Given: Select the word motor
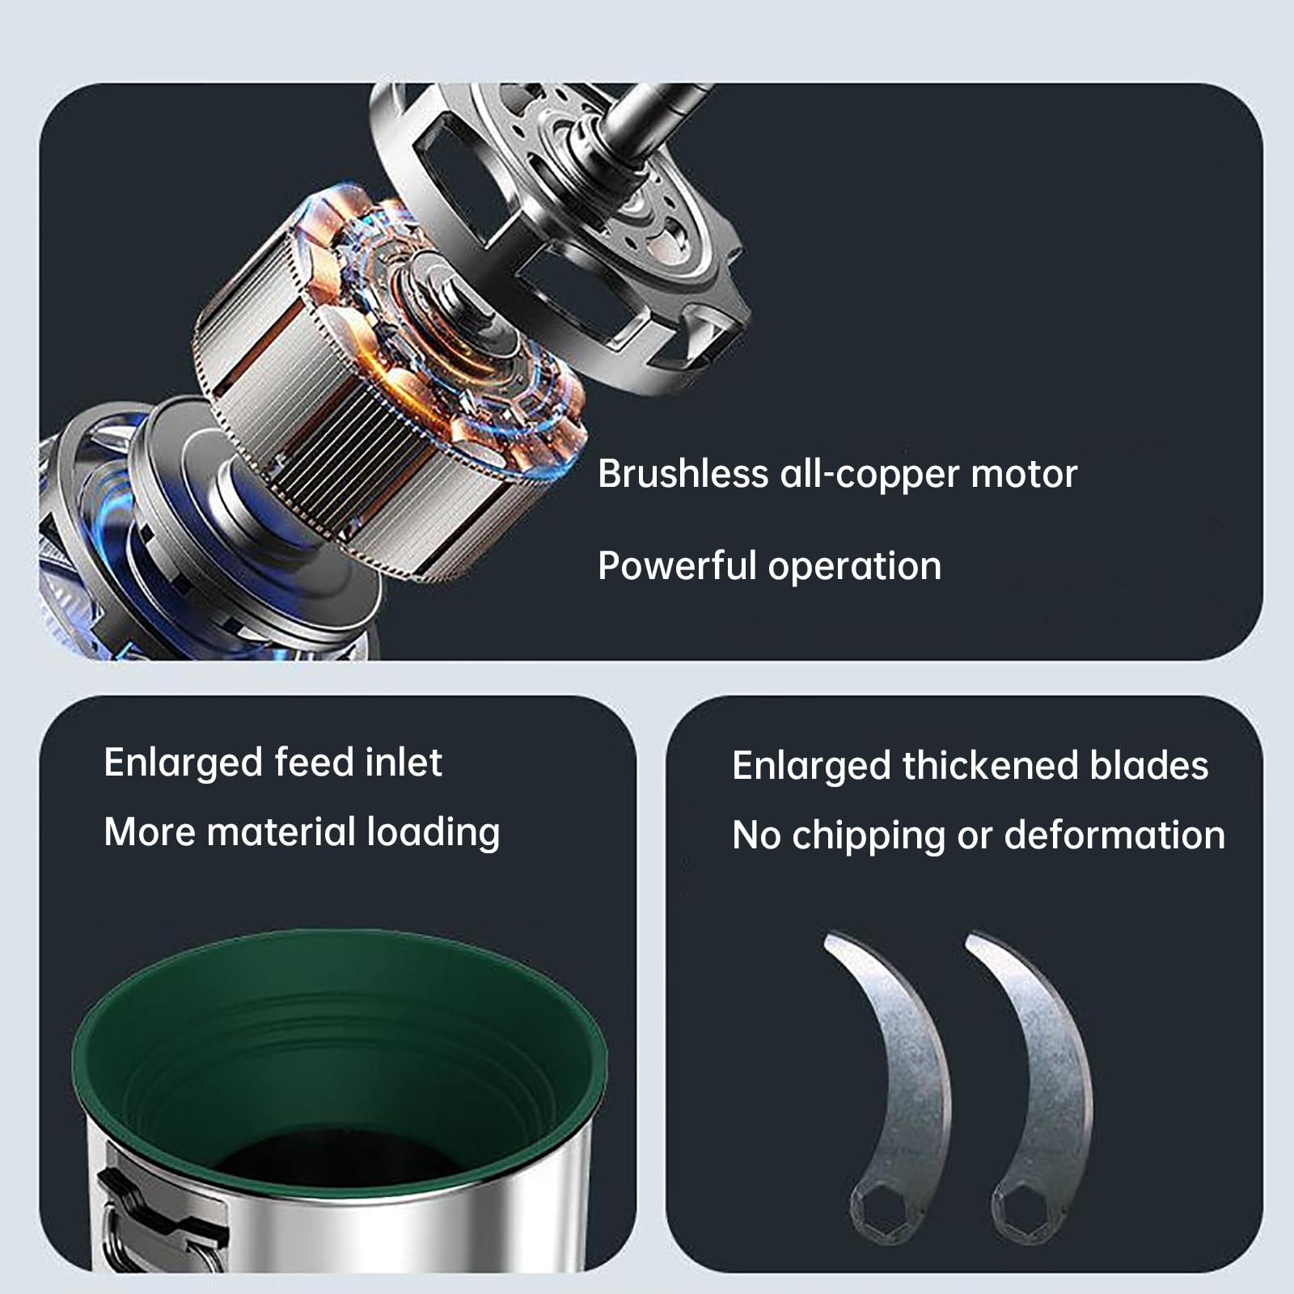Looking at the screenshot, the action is pyautogui.click(x=1024, y=475).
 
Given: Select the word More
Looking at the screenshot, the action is pyautogui.click(x=150, y=832).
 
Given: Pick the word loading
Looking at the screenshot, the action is pyautogui.click(x=433, y=834).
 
